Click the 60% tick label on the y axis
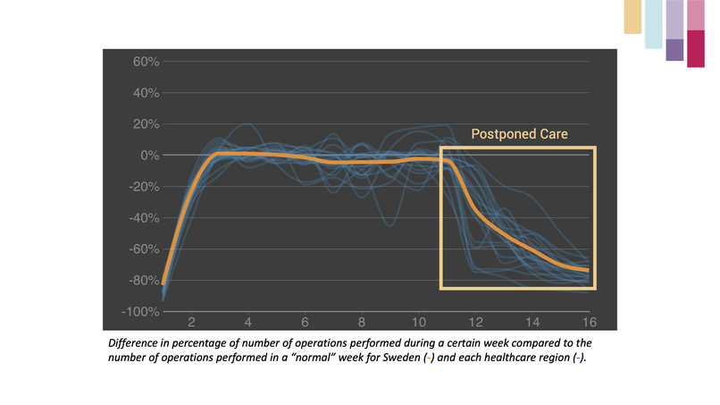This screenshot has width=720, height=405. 146,62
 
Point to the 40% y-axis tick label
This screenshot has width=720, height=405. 146,93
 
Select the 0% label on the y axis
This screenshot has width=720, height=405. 149,156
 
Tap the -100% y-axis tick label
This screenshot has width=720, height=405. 142,312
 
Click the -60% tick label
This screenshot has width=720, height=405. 144,249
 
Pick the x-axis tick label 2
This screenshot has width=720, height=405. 191,322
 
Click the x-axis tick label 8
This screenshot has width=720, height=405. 362,322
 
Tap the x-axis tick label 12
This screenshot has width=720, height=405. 474,322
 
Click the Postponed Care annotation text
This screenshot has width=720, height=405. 520,135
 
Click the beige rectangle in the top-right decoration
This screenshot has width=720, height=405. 632,17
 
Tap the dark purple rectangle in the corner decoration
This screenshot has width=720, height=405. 674,50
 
